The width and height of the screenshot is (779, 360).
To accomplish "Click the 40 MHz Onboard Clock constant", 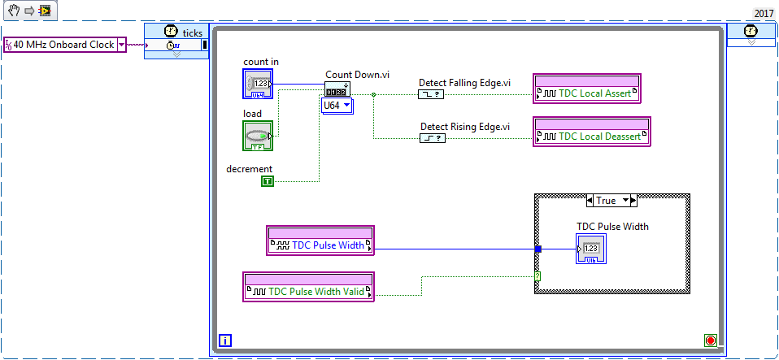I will [x=64, y=45].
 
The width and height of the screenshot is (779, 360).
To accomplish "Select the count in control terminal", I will [x=258, y=84].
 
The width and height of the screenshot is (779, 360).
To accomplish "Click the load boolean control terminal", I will [x=258, y=136].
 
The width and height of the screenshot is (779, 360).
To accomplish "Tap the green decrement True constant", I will [x=268, y=181].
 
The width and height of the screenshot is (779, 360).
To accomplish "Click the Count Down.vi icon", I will [x=337, y=90].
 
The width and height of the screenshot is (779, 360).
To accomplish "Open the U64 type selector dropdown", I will [x=337, y=106].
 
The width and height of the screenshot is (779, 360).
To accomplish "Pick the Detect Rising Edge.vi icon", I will [x=433, y=138].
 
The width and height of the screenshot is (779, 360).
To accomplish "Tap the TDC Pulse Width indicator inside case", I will [x=590, y=247].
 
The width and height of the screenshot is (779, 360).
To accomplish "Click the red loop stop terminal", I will [x=711, y=340].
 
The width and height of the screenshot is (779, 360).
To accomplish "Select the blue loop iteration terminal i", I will [x=225, y=340].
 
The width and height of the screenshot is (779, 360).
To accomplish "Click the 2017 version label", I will [x=764, y=13].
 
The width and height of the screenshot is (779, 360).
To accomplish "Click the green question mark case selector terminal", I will [x=537, y=276].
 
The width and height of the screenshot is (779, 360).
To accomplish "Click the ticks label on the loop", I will [x=193, y=32].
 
